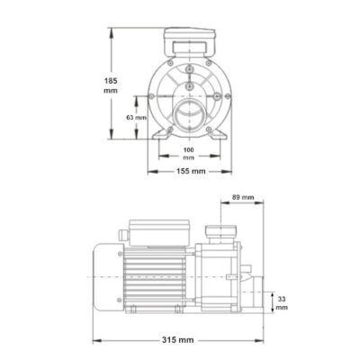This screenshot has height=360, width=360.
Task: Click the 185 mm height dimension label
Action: tap(111, 85)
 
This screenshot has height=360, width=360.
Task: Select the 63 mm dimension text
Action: tap(136, 118)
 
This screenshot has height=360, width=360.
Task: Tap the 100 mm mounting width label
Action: tap(189, 153)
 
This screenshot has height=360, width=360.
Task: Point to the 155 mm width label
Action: tap(191, 171)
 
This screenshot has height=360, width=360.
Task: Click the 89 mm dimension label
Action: tap(243, 197)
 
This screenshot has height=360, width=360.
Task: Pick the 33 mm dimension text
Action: tap(282, 303)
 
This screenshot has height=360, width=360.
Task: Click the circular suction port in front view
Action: tap(189, 115)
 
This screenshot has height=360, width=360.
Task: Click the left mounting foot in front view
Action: tap(160, 134)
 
